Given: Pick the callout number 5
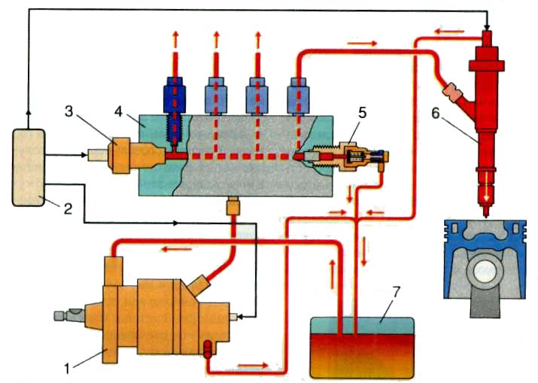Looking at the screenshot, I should click(x=362, y=113).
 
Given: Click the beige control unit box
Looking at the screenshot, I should click(x=29, y=168).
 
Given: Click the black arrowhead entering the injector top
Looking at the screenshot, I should click(x=487, y=24).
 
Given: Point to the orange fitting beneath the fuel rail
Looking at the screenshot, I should click(x=233, y=205).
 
